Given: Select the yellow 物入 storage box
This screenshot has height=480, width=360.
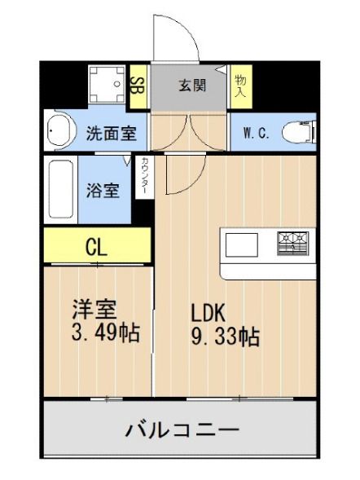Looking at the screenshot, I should pos(239,86).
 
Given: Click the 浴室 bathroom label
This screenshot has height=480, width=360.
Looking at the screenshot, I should pos(104,191).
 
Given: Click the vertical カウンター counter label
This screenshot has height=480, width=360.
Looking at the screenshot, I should pos(144,177).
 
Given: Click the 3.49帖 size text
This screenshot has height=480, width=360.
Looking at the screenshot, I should pos(104,333).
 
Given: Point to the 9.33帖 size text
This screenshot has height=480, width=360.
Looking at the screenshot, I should pos(226,337).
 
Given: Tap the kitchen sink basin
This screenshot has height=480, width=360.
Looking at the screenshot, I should pos(241,244).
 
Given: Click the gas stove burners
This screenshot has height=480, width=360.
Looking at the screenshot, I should pos(293,243).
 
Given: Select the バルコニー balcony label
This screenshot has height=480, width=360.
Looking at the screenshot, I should pos(181,429).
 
